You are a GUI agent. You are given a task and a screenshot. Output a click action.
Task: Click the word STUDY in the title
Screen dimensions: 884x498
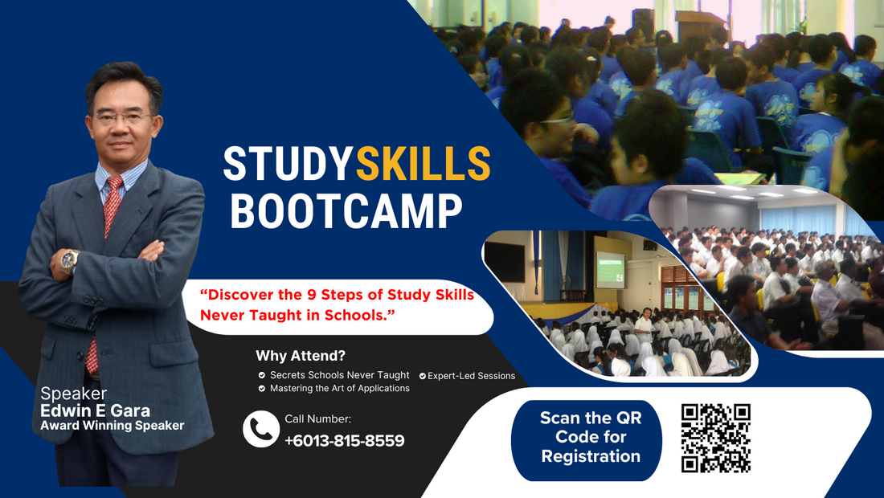(288, 163)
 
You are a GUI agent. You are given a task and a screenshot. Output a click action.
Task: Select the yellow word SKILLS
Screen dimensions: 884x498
(423, 163)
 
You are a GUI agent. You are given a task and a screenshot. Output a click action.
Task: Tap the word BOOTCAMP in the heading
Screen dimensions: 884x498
(346, 211)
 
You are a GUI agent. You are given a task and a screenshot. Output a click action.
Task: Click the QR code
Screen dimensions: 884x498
(715, 439)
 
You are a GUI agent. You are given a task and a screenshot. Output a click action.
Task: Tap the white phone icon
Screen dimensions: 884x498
(261, 429)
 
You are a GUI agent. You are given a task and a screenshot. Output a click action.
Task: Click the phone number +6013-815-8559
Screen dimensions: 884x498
(345, 440)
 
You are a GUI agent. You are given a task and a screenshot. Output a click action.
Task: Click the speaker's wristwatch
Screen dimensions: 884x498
(69, 260)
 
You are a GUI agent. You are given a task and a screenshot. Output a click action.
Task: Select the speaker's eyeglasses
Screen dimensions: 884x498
(123, 118)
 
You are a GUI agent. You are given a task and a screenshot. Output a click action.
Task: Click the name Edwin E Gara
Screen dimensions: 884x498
(95, 410)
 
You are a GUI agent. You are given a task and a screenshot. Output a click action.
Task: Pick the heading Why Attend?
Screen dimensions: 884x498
(301, 356)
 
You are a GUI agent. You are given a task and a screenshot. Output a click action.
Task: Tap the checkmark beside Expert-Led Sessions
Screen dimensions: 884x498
(422, 376)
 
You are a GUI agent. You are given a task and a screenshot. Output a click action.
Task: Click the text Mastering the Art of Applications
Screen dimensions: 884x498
(339, 388)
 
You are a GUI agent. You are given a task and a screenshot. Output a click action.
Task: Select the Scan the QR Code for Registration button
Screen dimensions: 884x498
(587, 437)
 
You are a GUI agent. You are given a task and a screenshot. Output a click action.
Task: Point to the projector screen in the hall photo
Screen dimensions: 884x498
(611, 270)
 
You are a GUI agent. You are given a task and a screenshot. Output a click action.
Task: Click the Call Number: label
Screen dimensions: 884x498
(318, 418)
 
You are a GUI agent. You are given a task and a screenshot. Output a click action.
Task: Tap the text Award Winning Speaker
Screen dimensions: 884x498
(113, 426)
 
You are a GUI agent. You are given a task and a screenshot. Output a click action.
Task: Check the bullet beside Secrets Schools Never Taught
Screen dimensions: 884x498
(262, 375)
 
